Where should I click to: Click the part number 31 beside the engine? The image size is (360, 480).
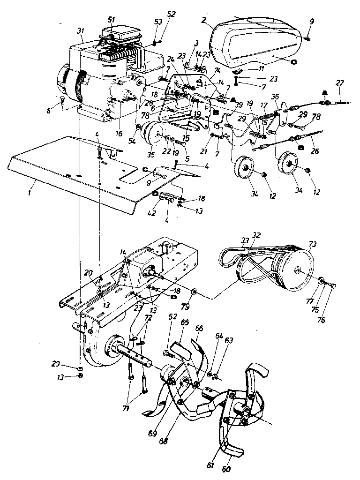click(80, 31)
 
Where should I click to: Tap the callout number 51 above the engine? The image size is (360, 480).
click(111, 19)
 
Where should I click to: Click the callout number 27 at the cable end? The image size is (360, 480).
click(340, 83)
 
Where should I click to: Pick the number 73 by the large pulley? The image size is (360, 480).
click(312, 245)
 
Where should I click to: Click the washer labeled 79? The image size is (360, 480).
click(194, 295)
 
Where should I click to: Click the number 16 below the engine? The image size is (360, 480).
click(120, 134)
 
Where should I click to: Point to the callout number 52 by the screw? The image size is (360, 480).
click(171, 14)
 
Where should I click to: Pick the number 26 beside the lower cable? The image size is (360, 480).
click(314, 151)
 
